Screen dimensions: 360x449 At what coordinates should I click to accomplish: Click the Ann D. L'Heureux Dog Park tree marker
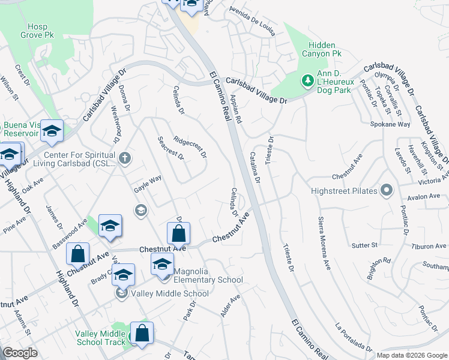[307, 80]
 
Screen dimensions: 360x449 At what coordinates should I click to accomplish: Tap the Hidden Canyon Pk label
[325, 49]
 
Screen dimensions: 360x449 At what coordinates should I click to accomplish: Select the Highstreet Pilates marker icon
[387, 191]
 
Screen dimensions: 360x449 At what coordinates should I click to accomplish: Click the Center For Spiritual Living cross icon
[124, 159]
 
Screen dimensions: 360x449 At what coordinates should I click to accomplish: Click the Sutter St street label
[364, 245]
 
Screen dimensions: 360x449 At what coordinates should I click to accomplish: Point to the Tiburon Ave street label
[429, 246]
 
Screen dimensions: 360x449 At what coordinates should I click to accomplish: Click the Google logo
[20, 353]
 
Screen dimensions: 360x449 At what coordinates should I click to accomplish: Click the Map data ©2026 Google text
[412, 355]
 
